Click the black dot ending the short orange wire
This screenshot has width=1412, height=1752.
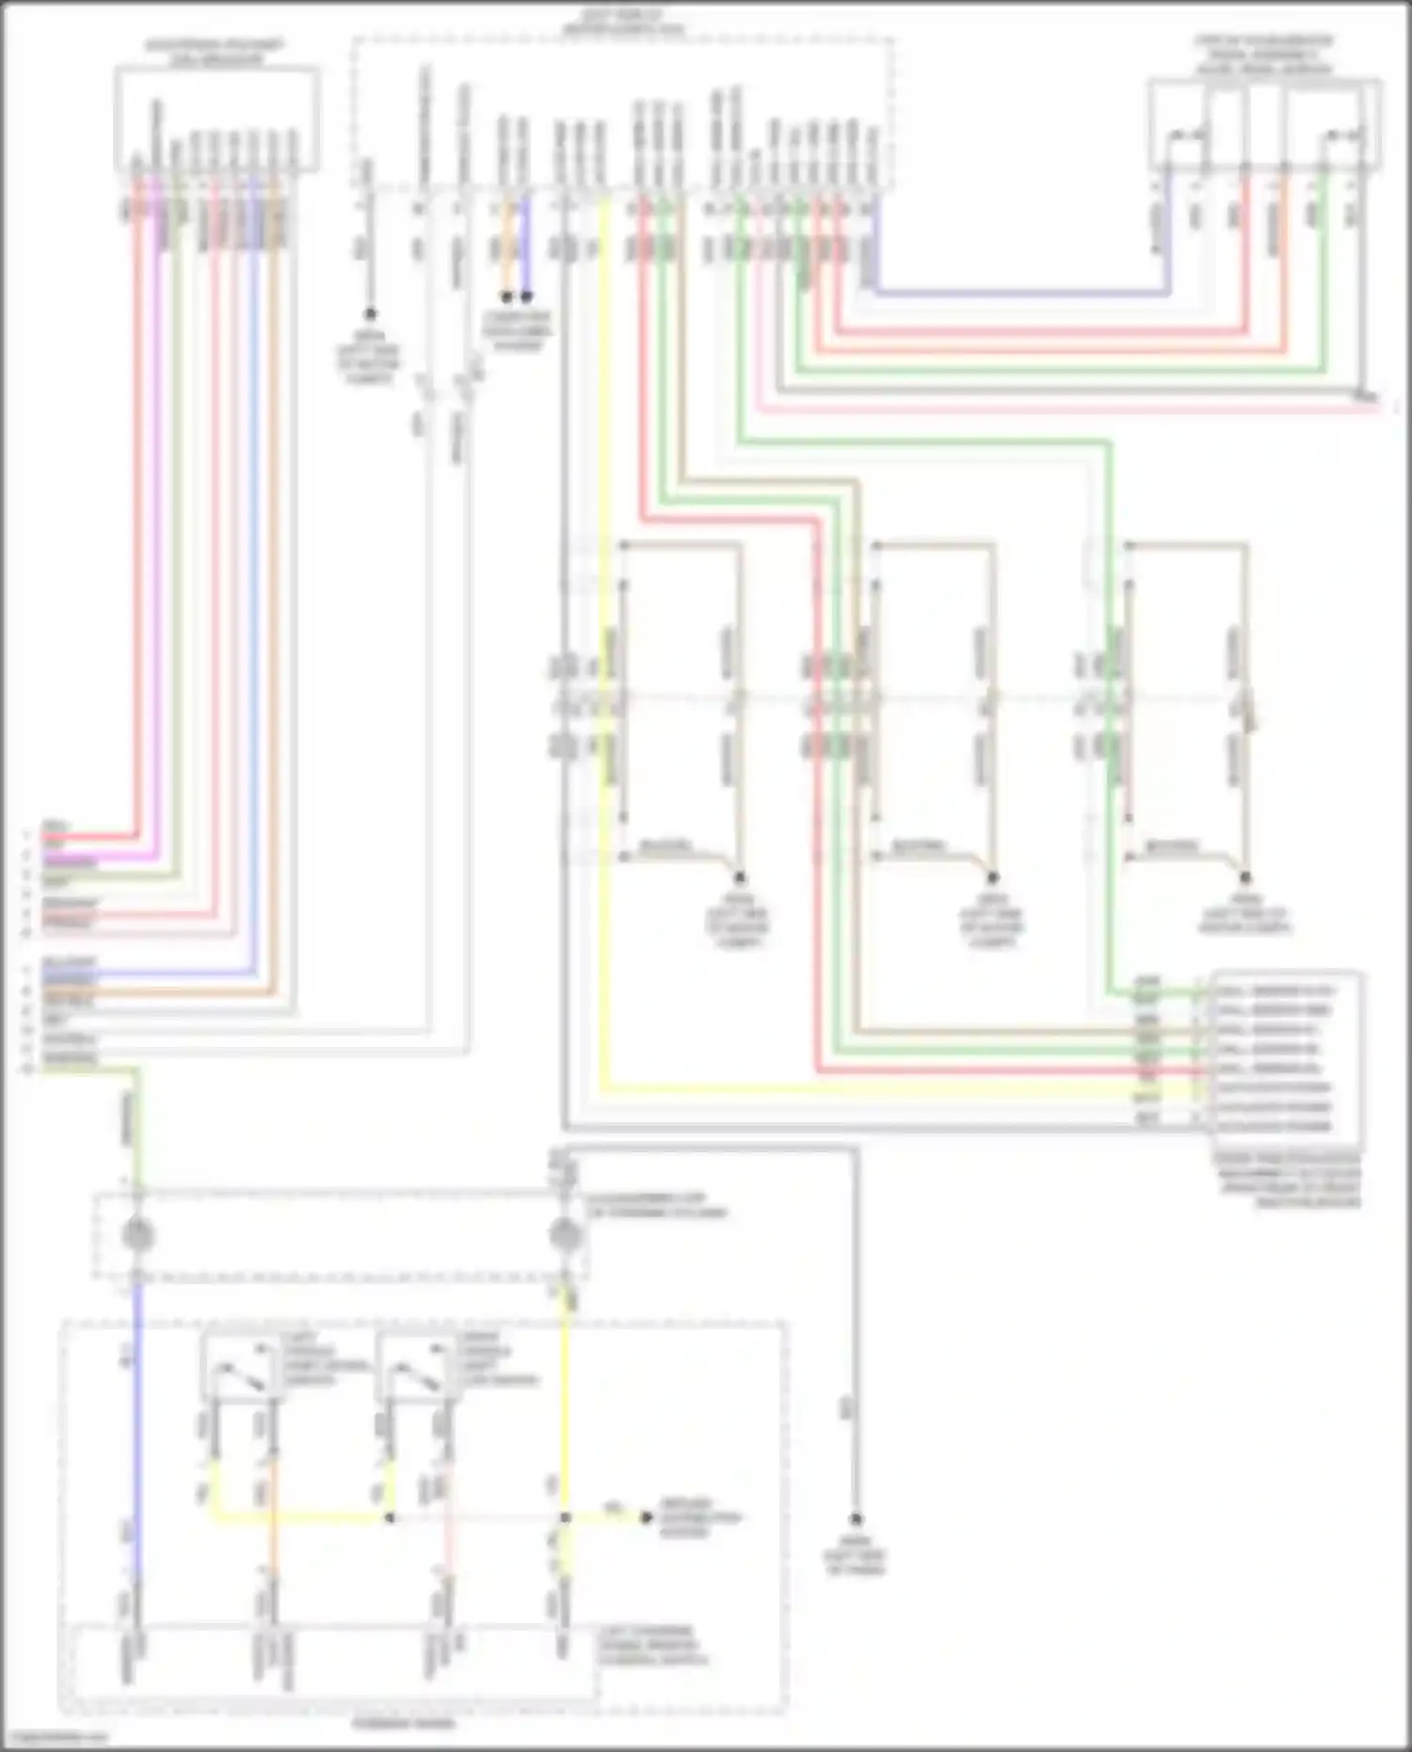505,297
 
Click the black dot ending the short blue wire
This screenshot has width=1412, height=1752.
526,297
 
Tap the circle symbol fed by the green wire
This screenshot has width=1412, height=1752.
138,1234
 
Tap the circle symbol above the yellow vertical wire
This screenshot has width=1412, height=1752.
564,1234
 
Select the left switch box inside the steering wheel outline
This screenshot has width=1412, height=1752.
242,1368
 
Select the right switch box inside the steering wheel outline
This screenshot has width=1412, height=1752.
415,1368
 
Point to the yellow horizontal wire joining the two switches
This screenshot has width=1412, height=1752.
301,1518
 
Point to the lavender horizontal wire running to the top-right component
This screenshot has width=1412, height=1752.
1017,294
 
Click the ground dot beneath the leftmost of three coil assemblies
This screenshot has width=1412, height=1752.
739,877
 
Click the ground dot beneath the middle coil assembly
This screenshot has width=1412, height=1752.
991,877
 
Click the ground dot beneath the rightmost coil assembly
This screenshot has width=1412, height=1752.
1244,877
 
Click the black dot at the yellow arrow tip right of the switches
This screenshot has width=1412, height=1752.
646,1518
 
